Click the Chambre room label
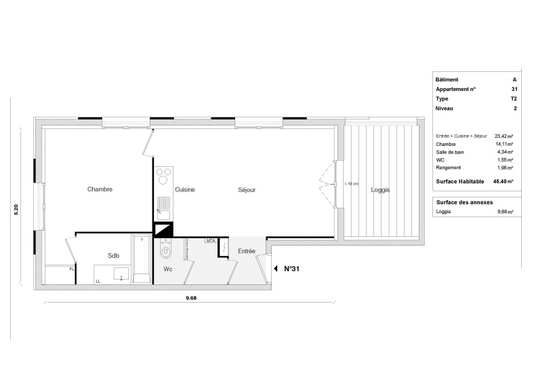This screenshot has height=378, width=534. click(100, 189)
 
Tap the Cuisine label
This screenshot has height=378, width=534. click(185, 190)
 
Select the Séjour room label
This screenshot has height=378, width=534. click(247, 190)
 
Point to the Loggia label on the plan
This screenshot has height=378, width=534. click(380, 190)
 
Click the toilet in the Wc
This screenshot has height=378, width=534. click(166, 248)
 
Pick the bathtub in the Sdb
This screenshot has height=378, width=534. click(142, 259)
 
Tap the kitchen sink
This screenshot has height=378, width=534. click(163, 208)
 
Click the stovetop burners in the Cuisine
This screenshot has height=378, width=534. click(163, 176)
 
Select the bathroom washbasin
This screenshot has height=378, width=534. click(121, 273)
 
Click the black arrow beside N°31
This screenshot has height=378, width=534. click(276, 269)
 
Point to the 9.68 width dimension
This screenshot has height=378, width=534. click(191, 298)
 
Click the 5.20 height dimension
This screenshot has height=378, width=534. click(16, 209)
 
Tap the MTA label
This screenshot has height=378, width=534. click(211, 241)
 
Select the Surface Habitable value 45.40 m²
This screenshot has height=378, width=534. click(504, 181)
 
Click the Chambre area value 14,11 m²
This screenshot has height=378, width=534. click(504, 145)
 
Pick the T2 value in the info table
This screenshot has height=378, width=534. click(514, 99)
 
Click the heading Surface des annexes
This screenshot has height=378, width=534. click(464, 202)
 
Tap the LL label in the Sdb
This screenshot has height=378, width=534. click(98, 282)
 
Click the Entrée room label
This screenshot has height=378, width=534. click(247, 251)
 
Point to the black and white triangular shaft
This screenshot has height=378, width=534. click(164, 230)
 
